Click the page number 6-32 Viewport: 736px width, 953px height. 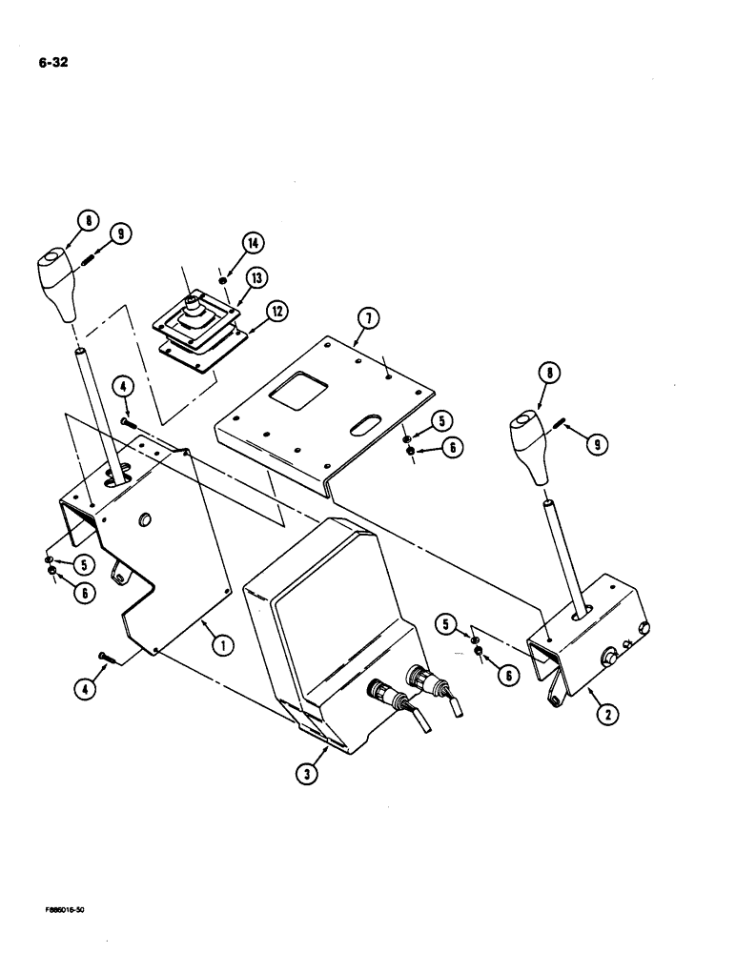pyautogui.click(x=52, y=66)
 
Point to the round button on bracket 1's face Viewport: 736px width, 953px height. pyautogui.click(x=146, y=519)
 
